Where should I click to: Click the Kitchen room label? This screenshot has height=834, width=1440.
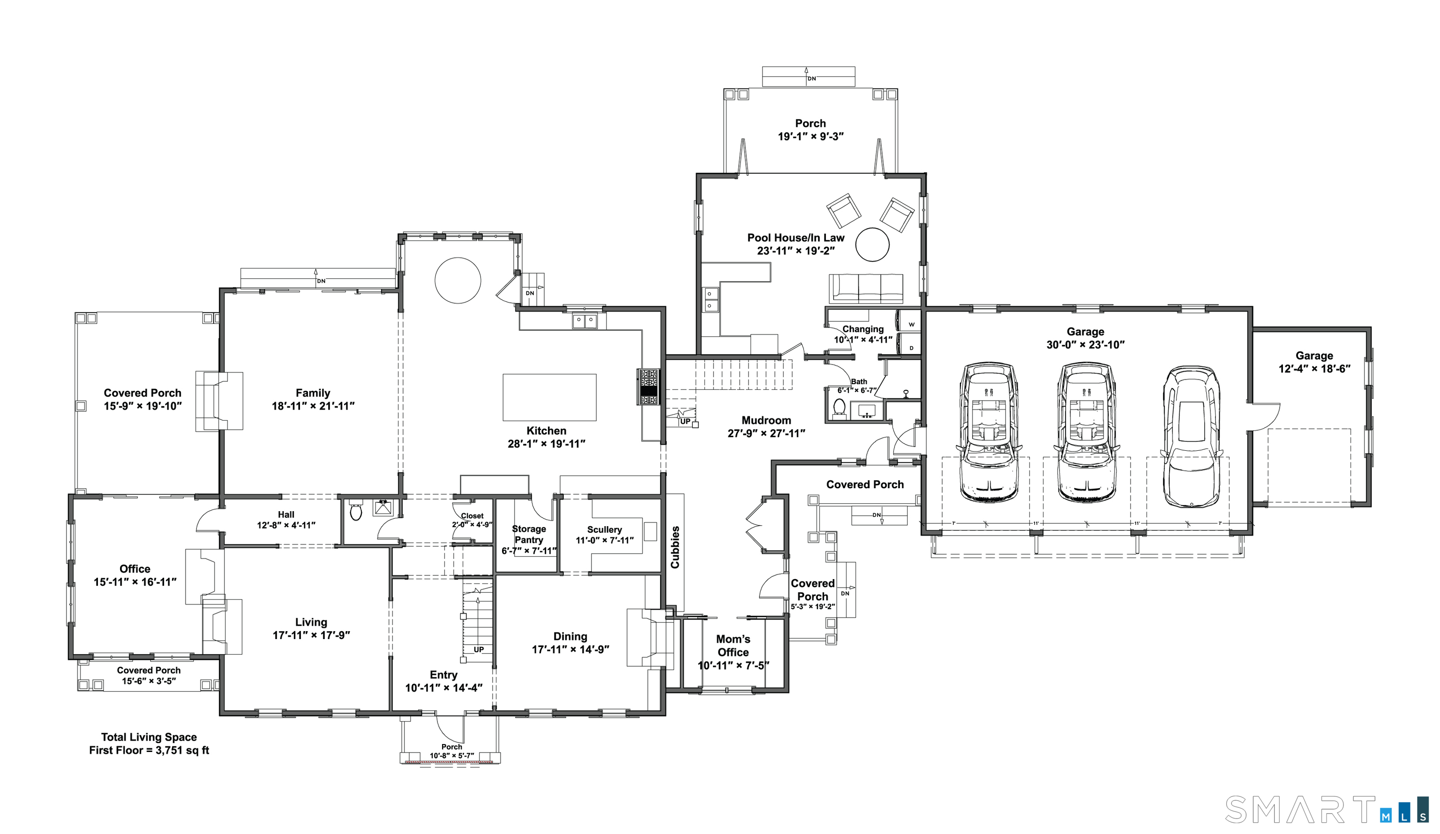(x=546, y=431)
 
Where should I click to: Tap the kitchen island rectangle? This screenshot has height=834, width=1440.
(x=549, y=397)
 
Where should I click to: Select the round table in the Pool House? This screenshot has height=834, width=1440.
(x=872, y=245)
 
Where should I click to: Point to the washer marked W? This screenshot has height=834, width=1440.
(x=911, y=324)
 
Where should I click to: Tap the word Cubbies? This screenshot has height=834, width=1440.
(x=675, y=547)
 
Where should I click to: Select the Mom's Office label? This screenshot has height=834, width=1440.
(x=733, y=646)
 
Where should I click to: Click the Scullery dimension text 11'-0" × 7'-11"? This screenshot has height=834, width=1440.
(x=604, y=540)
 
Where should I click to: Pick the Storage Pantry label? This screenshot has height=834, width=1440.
(x=529, y=534)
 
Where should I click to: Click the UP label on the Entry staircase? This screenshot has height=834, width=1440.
(x=478, y=649)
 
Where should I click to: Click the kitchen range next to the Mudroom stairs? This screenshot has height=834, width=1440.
(x=649, y=387)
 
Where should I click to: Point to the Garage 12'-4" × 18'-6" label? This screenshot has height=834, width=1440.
(x=1314, y=362)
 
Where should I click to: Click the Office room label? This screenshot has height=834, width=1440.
(x=135, y=569)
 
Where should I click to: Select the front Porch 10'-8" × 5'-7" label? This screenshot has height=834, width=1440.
(x=451, y=751)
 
